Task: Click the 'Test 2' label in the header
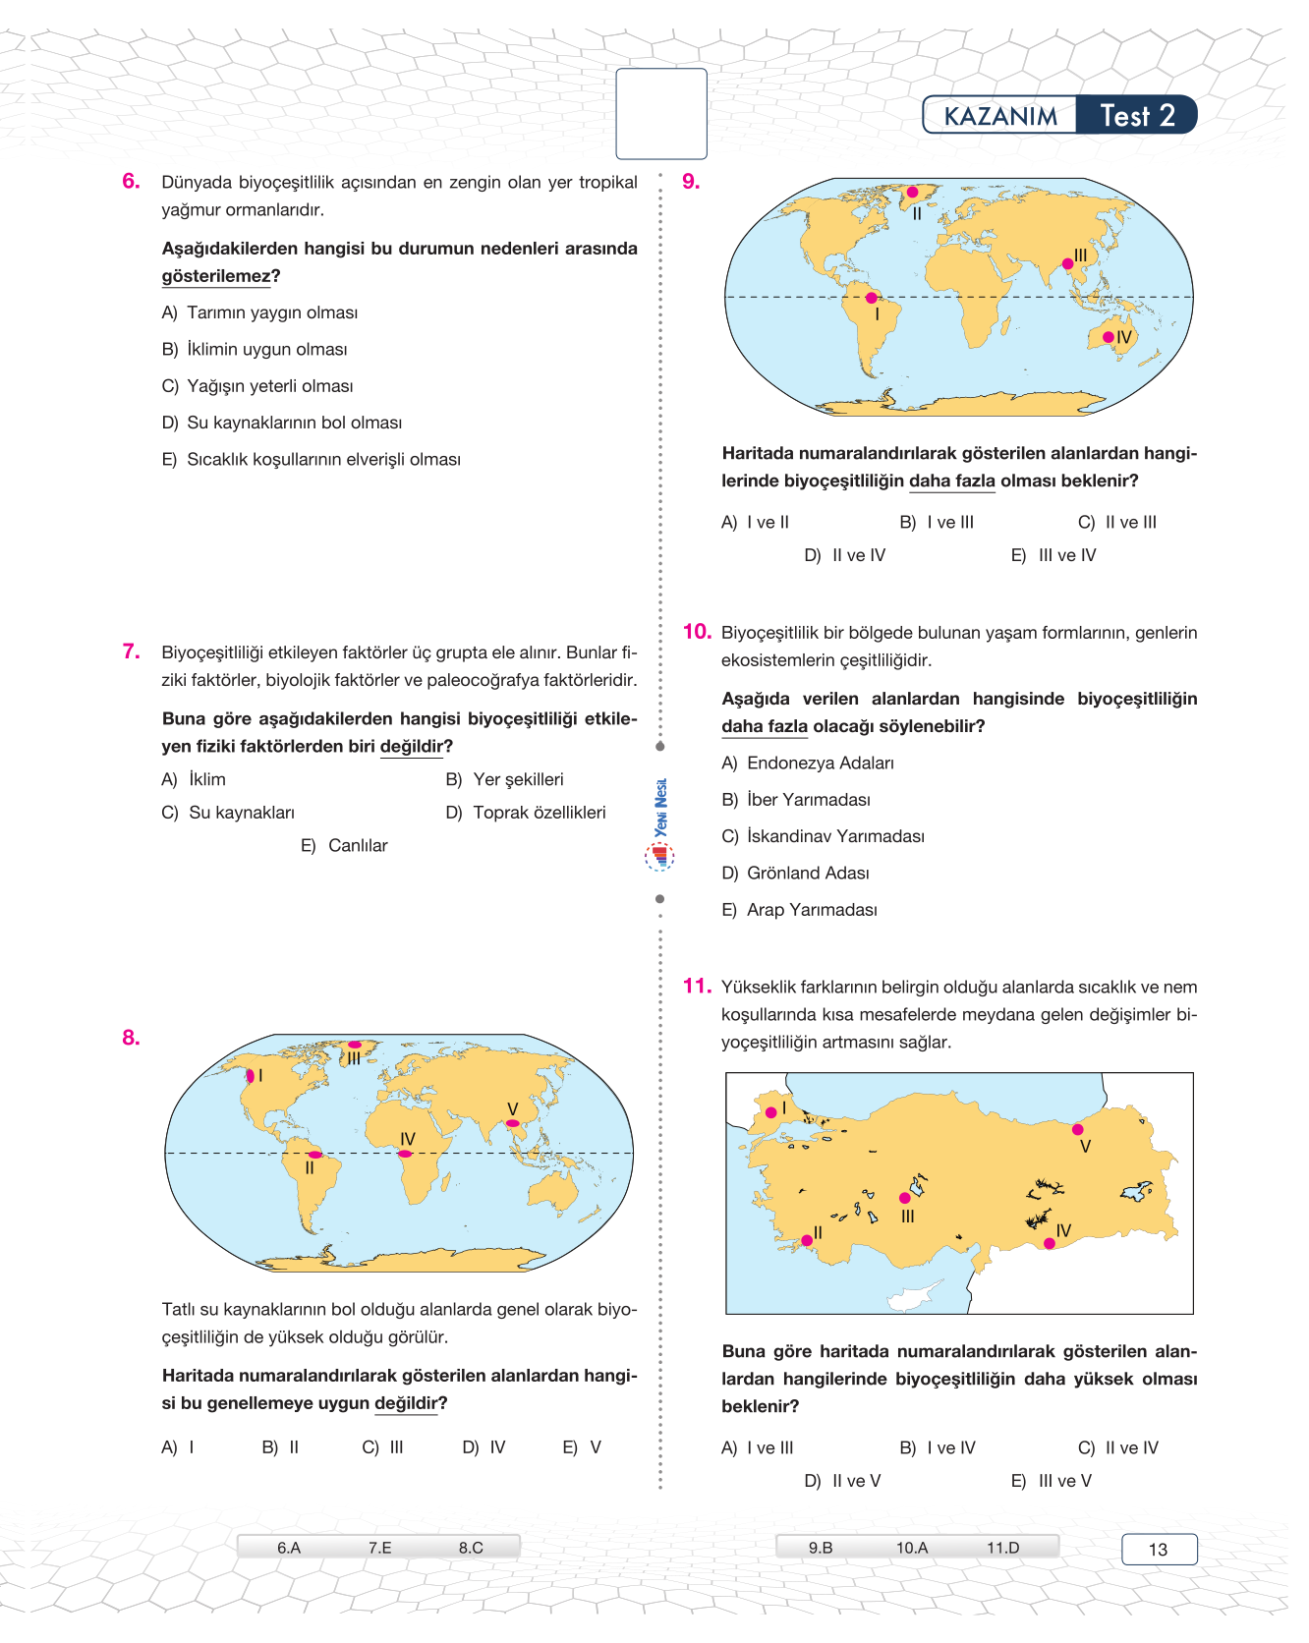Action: click(1137, 116)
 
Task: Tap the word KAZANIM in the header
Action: click(1000, 117)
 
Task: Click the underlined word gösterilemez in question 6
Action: click(215, 276)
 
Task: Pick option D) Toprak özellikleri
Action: click(526, 813)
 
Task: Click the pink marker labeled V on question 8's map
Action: click(512, 1123)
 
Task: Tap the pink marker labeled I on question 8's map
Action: click(251, 1076)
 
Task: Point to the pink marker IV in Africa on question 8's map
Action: click(405, 1154)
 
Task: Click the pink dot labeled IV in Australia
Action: click(1109, 337)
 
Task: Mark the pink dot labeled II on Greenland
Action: click(912, 193)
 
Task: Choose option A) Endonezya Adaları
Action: click(808, 764)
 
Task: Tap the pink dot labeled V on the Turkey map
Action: click(1078, 1130)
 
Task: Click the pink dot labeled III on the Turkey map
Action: click(905, 1198)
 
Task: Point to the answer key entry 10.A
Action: click(911, 1548)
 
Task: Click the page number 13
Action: click(1159, 1550)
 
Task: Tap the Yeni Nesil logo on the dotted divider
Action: click(660, 823)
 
